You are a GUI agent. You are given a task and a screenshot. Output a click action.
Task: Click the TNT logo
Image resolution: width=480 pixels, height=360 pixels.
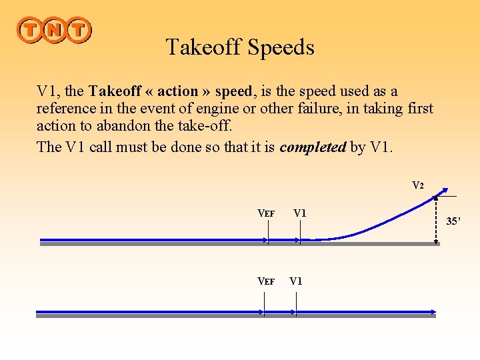click(x=54, y=30)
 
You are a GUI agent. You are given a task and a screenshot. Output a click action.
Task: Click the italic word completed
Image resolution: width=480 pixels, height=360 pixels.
click(x=313, y=147)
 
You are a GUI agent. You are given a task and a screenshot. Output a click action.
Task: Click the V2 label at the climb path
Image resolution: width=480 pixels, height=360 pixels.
click(x=417, y=185)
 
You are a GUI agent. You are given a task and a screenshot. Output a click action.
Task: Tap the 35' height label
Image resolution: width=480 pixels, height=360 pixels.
click(x=454, y=221)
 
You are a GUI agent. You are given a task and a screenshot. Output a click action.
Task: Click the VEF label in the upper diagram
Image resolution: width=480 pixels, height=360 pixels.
click(x=266, y=213)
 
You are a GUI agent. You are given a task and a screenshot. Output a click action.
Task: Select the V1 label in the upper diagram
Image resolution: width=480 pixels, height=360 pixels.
click(x=299, y=213)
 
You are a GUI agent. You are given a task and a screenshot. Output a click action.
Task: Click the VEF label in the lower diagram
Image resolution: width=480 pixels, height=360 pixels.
click(x=266, y=281)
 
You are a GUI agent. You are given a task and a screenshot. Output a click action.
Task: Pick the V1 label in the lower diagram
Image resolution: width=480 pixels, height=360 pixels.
click(x=296, y=281)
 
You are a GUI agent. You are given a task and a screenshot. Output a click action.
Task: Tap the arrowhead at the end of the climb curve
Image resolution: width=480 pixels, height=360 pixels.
click(x=445, y=190)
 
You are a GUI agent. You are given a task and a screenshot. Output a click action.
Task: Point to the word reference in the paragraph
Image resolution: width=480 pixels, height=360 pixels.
click(x=66, y=109)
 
